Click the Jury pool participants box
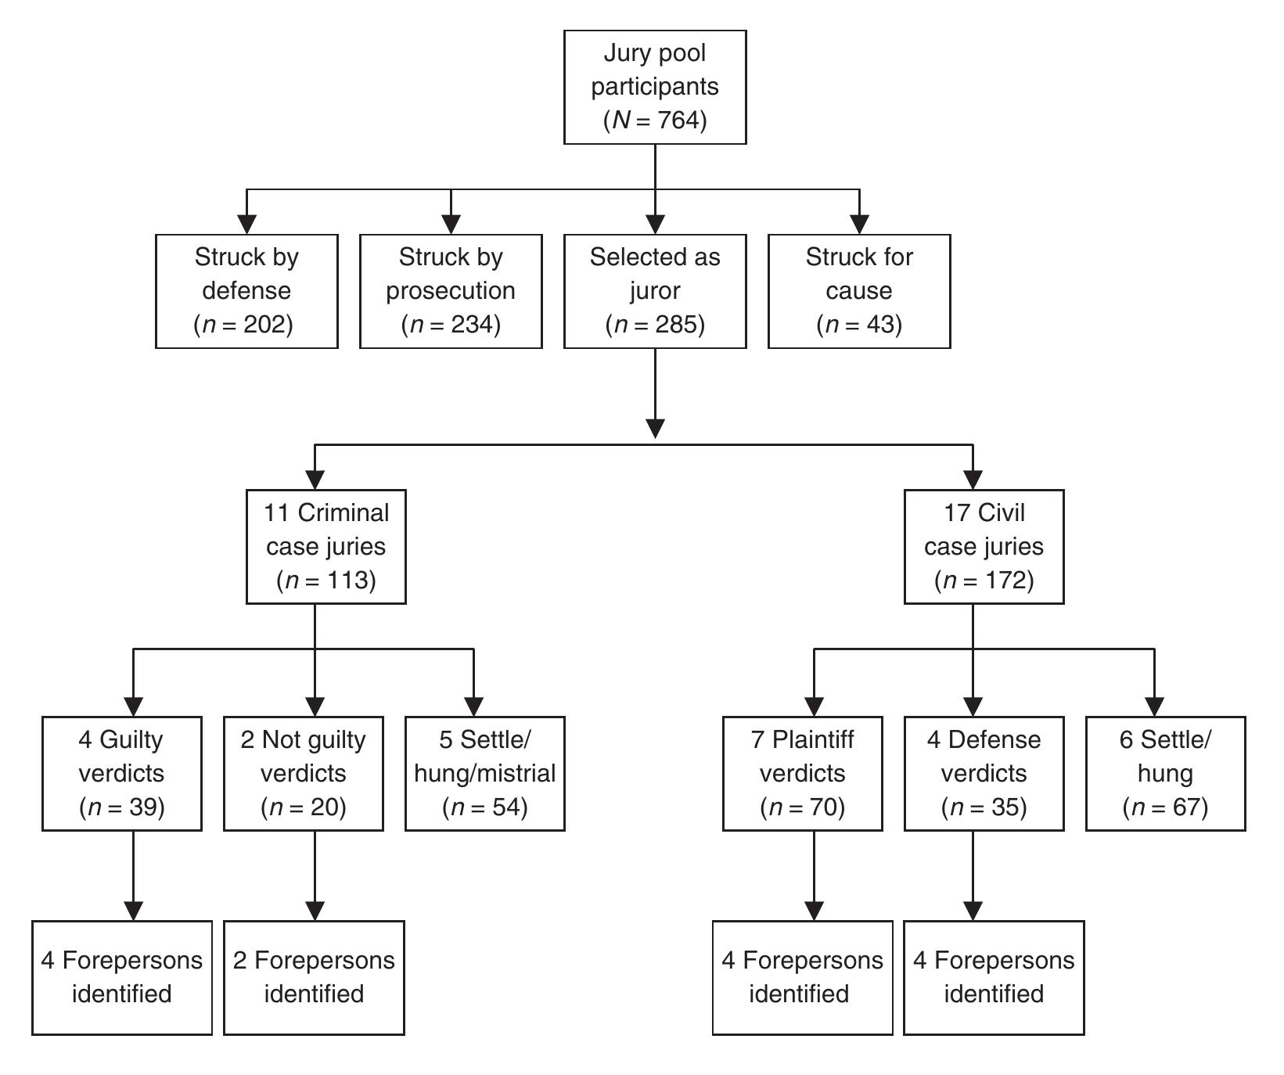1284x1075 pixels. pos(655,87)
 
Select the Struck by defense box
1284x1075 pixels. pos(246,290)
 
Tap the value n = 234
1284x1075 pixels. pos(451,324)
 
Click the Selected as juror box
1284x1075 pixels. pos(655,290)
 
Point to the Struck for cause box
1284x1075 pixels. pos(859,290)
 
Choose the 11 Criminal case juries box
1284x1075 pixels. pos(325,546)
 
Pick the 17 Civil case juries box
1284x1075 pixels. pos(984,546)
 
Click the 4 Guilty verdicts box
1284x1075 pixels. pos(122,773)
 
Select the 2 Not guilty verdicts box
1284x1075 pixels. pos(304,773)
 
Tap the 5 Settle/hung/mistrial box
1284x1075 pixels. pos(484,773)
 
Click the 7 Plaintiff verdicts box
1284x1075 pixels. pos(802,773)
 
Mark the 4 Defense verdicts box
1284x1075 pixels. pos(984,773)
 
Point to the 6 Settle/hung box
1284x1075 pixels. pos(1165,773)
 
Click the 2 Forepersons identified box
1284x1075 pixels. pos(314,977)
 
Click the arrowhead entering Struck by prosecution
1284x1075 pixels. pos(451,224)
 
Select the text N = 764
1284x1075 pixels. pos(655,120)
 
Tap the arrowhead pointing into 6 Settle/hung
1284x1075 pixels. pos(1154,706)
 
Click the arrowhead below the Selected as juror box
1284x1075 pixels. pos(655,428)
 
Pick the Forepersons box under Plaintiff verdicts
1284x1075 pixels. pos(802,977)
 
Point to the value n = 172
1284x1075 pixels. pos(984,580)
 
